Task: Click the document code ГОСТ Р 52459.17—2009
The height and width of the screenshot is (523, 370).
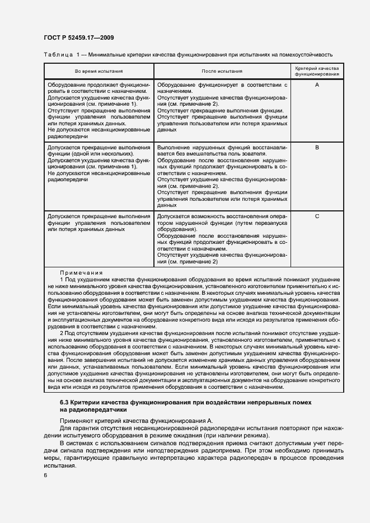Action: pyautogui.click(x=78, y=37)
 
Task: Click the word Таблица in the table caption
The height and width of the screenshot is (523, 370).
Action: pyautogui.click(x=58, y=55)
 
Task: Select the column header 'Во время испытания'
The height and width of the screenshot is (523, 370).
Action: pyautogui.click(x=99, y=71)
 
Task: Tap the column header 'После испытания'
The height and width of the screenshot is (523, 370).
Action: pyautogui.click(x=222, y=71)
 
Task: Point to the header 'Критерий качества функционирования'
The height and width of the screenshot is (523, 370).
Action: pyautogui.click(x=317, y=71)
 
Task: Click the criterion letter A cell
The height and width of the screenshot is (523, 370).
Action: pyautogui.click(x=317, y=84)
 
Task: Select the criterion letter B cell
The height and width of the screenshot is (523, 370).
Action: pyautogui.click(x=317, y=148)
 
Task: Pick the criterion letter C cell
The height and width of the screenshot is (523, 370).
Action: pyautogui.click(x=317, y=216)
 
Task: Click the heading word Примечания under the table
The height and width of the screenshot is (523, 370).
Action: pyautogui.click(x=82, y=272)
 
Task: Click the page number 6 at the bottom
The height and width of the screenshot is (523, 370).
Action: pyautogui.click(x=45, y=475)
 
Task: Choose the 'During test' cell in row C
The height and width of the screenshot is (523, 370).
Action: pyautogui.click(x=99, y=223)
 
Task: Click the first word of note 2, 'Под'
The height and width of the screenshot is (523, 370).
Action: pyautogui.click(x=69, y=333)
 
